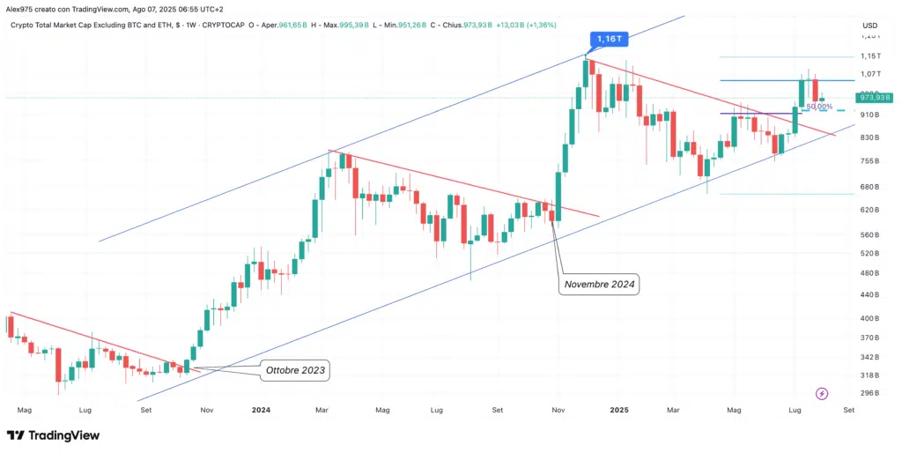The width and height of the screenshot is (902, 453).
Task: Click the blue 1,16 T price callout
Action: [606, 39]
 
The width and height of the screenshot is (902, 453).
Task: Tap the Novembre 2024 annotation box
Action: [600, 284]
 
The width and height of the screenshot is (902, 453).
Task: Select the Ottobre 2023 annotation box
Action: [295, 371]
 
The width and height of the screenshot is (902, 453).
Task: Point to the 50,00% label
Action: [819, 107]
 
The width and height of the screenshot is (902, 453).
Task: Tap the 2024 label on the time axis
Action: [260, 410]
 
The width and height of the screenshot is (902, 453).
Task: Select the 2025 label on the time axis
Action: [619, 410]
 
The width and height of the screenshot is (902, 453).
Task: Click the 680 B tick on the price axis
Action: [871, 187]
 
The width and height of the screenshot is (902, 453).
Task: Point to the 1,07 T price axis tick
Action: [871, 74]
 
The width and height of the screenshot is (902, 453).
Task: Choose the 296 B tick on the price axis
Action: [871, 393]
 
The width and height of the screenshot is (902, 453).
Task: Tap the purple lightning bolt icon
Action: [822, 393]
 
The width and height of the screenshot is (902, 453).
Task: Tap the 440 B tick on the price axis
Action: [871, 294]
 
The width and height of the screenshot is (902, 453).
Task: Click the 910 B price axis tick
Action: [871, 115]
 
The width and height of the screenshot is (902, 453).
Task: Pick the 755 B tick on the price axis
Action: [871, 160]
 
